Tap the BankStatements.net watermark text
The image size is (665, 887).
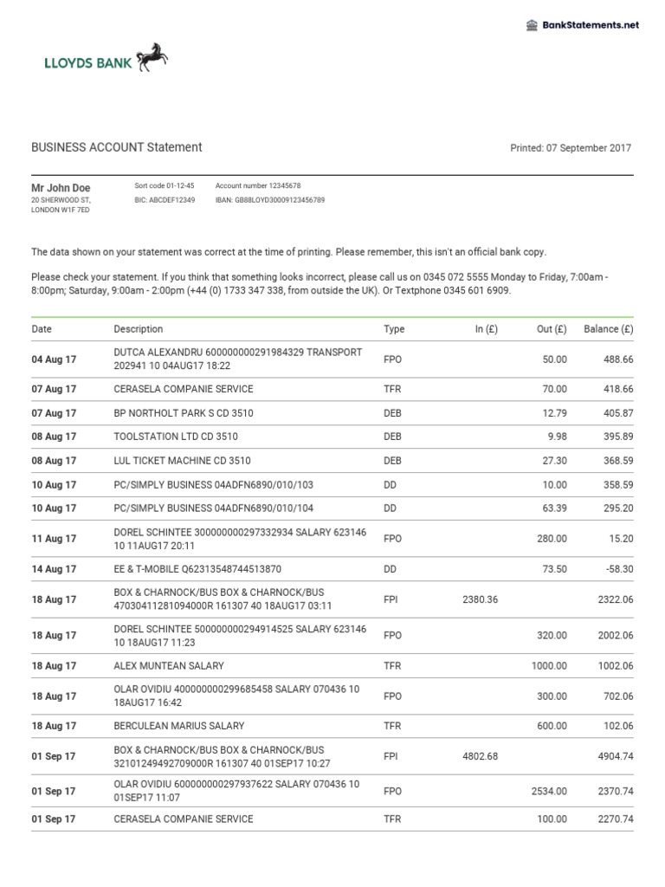click(591, 25)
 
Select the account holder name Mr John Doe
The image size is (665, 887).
click(61, 188)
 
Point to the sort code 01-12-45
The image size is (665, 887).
click(165, 186)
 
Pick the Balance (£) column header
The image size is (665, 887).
click(608, 329)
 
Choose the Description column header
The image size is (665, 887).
click(139, 329)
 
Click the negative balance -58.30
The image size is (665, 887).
click(617, 569)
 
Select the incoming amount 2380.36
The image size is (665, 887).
click(481, 599)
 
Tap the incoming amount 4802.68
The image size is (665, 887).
click(481, 756)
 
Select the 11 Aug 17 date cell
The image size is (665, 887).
click(54, 539)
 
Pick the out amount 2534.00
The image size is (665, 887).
click(549, 791)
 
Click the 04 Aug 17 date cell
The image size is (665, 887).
click(54, 359)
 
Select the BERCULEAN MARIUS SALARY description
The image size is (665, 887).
click(179, 726)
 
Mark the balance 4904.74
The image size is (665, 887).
click(616, 756)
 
